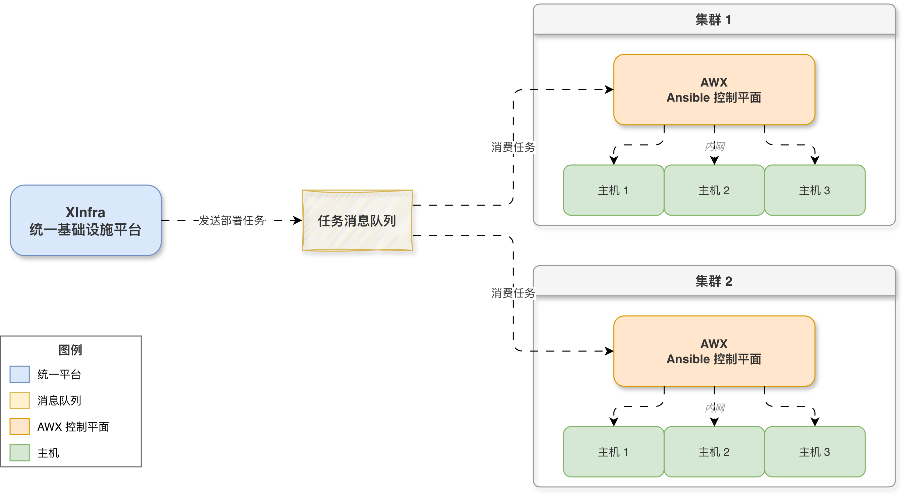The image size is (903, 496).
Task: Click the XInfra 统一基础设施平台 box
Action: (86, 220)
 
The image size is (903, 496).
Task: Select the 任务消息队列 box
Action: (357, 220)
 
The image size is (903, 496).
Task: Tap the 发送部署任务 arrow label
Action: (232, 220)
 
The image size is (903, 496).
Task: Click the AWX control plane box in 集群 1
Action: (714, 90)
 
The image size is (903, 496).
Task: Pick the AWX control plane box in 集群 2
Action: (714, 351)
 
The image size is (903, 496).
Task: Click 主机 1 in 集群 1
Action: (613, 190)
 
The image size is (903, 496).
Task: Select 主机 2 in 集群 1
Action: (714, 190)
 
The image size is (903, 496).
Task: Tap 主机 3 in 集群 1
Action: (815, 190)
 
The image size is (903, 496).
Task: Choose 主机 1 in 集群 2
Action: (613, 452)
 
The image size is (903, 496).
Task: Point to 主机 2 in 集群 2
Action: (714, 452)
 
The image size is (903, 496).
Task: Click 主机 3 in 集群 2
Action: (815, 452)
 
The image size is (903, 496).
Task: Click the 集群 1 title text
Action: (713, 20)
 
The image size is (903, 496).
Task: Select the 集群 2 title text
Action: (714, 281)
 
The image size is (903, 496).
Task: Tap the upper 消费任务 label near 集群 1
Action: (513, 147)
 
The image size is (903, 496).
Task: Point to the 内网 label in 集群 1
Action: (715, 146)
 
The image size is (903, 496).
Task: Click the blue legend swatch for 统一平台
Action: (20, 374)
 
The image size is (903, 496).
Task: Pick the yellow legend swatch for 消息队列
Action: (20, 400)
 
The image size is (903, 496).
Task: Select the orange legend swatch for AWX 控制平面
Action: (20, 427)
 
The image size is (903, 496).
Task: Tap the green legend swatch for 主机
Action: (20, 452)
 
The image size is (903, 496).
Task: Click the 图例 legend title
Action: (70, 350)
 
